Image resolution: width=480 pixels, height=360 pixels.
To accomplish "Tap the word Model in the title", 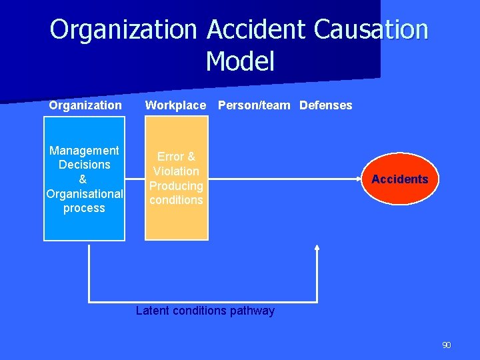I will pos(240,61).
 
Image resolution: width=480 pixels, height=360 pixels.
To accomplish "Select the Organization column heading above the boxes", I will pos(85,105).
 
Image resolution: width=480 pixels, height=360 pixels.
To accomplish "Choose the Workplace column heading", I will pos(175,105).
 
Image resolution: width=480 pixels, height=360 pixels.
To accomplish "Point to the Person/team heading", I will pos(254,105).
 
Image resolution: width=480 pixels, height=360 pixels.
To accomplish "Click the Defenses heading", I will pos(326,105).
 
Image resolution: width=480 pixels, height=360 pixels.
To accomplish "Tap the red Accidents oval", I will pos(400,179).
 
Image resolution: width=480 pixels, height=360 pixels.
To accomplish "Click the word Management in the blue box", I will pos(84,151).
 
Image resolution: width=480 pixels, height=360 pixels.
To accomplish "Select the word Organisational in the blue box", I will pos(84,194).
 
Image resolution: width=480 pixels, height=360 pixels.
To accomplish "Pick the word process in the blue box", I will pos(84,208).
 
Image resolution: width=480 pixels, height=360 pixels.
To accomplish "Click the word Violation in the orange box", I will pos(176,171).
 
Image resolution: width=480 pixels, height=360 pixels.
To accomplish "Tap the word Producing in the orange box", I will pos(176,186).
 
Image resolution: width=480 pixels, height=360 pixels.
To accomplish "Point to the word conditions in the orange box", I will pos(176,200).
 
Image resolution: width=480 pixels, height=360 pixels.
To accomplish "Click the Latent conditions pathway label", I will pos(205,311).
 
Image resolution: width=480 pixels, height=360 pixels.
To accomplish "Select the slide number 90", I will pos(446,345).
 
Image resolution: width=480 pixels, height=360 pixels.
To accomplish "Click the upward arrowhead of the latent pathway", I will pos(317,248).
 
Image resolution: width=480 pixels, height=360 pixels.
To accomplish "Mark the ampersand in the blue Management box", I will pos(83,179).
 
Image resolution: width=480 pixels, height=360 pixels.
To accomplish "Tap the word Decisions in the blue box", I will pos(84,165).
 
